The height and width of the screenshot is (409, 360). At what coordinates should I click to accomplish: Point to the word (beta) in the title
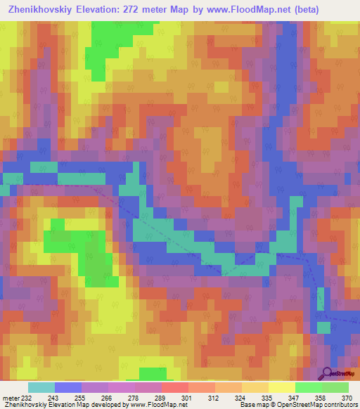pyautogui.click(x=298, y=10)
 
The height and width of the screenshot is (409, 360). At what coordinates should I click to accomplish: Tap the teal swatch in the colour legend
pyautogui.click(x=41, y=388)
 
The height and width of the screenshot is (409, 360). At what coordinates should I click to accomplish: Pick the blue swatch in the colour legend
pyautogui.click(x=68, y=388)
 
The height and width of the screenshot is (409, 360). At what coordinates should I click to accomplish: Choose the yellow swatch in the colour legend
pyautogui.click(x=281, y=388)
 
